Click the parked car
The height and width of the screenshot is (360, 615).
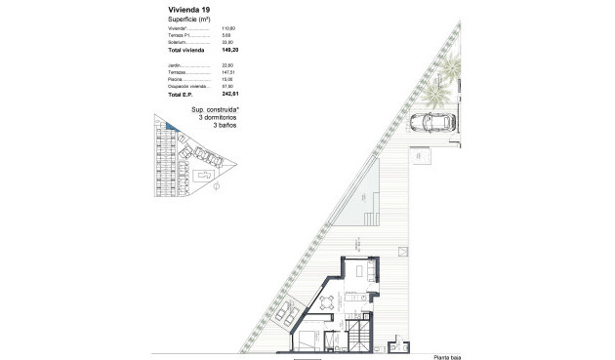430,123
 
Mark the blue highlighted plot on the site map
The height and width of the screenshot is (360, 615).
169,127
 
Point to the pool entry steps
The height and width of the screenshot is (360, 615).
369,220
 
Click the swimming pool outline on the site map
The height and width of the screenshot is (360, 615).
207,176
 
